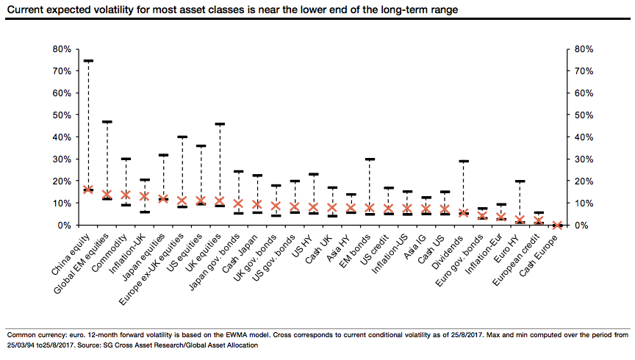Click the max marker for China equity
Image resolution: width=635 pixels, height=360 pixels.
pos(88,61)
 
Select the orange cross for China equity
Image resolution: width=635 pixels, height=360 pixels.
pos(88,190)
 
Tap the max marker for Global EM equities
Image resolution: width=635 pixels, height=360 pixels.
pos(107,122)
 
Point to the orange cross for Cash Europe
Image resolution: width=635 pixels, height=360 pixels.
pos(557,225)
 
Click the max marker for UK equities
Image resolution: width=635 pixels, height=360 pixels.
pos(219,124)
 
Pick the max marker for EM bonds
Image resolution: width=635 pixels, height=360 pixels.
pos(370,159)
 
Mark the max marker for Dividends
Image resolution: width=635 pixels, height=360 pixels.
pos(463,162)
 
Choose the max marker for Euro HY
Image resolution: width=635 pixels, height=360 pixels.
pos(520,181)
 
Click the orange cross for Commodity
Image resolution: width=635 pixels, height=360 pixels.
pos(126,195)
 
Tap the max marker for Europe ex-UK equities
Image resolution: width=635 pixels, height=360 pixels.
pos(182,137)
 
